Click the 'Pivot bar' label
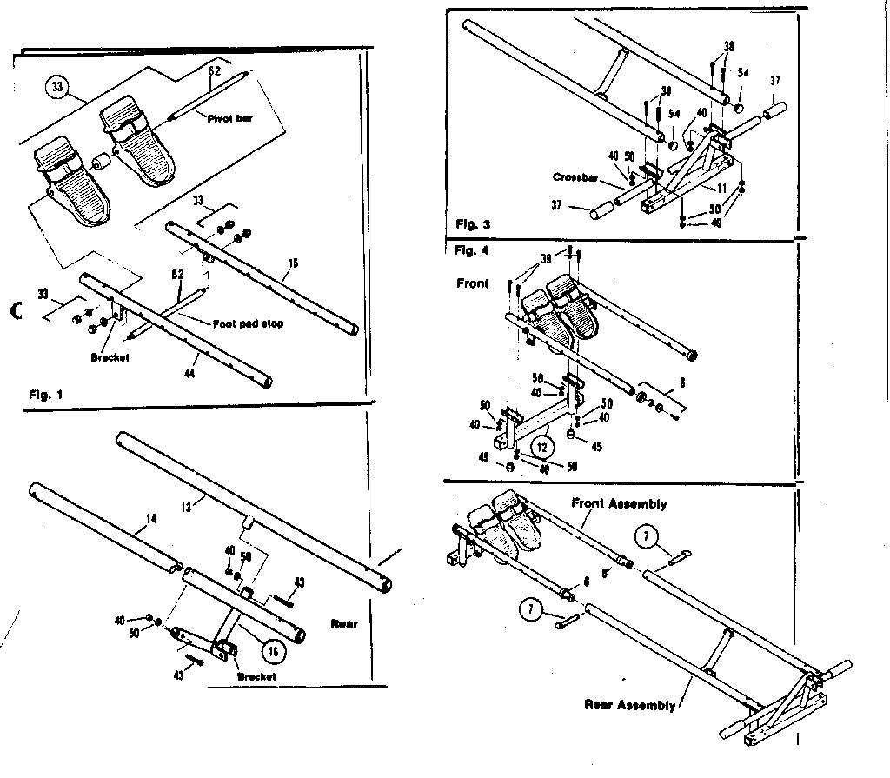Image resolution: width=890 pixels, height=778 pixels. (229, 117)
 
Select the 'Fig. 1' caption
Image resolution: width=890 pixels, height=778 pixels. (45, 396)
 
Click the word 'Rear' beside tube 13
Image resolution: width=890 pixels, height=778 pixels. (345, 623)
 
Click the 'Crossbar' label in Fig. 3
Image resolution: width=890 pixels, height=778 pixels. (575, 177)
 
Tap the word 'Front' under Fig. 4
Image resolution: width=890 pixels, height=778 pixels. (473, 283)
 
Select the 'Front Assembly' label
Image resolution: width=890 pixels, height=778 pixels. (619, 503)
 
